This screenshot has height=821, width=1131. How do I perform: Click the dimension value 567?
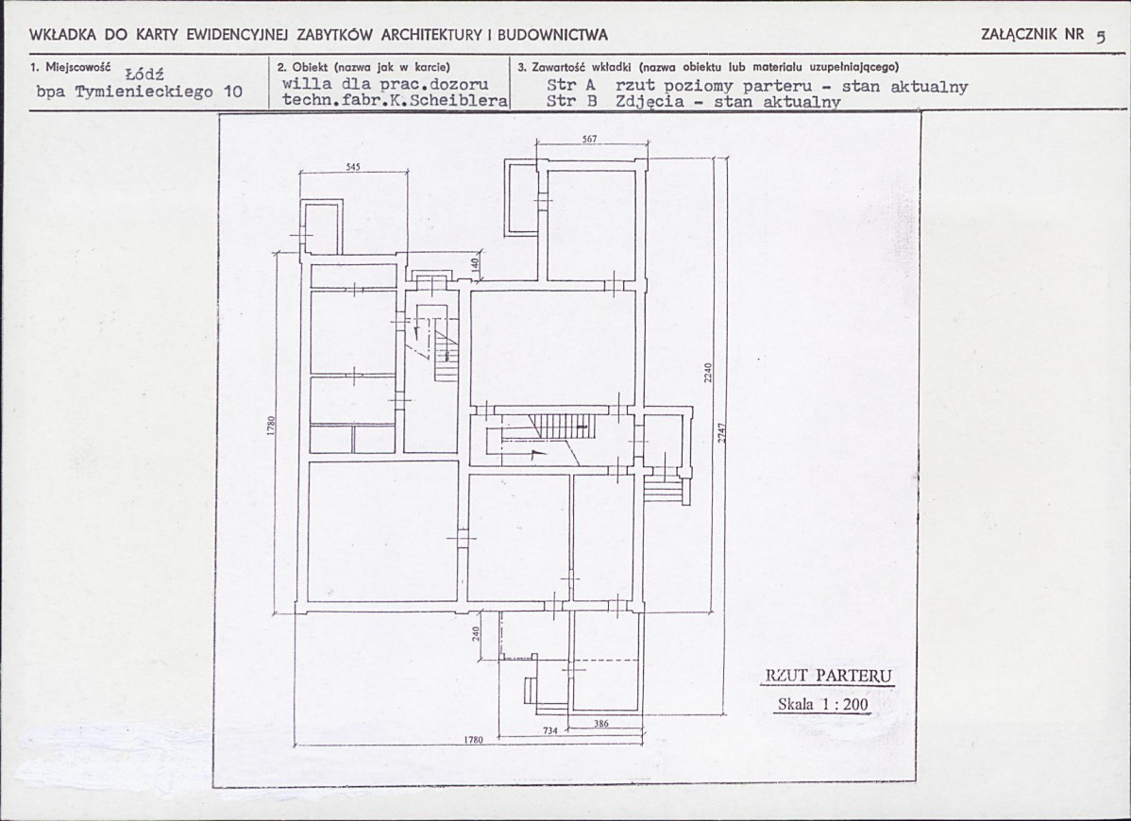tap(589, 138)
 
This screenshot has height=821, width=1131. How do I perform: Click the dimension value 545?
tap(353, 166)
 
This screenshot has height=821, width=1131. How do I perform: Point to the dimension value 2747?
tap(720, 432)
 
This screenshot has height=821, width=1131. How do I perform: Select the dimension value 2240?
tap(708, 373)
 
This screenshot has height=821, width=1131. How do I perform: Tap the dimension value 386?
tap(600, 723)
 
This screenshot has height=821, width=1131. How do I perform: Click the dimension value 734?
tap(549, 730)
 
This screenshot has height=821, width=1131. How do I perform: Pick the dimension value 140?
tap(475, 264)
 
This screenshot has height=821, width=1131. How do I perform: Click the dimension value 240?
tap(475, 632)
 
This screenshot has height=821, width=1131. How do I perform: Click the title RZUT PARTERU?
tap(828, 676)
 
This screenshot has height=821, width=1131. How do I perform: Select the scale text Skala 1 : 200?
tap(823, 704)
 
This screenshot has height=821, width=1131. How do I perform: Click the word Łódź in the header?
tap(144, 74)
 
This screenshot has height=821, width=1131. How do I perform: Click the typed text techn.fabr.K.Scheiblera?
tap(396, 100)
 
